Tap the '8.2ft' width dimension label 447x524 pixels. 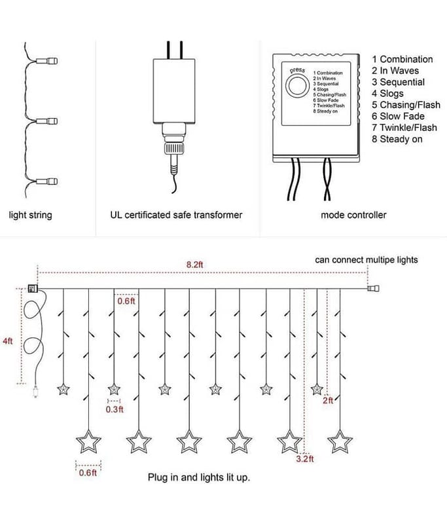click(x=194, y=264)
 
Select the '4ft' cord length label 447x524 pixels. click(x=8, y=341)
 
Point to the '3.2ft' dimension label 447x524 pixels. click(x=306, y=459)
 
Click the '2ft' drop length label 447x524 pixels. click(x=328, y=400)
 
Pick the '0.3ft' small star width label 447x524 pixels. click(x=115, y=409)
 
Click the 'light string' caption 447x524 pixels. click(x=30, y=215)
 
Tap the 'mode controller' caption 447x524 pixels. click(x=353, y=215)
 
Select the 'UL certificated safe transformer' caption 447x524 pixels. click(x=177, y=215)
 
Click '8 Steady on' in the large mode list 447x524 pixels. click(x=397, y=139)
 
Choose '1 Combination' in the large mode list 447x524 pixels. click(x=402, y=59)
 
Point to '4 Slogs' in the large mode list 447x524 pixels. click(x=388, y=94)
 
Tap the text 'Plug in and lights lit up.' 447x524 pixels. click(x=199, y=477)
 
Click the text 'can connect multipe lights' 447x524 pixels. click(x=366, y=260)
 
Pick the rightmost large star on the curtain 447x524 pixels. click(x=340, y=441)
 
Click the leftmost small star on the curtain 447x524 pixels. click(x=63, y=389)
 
